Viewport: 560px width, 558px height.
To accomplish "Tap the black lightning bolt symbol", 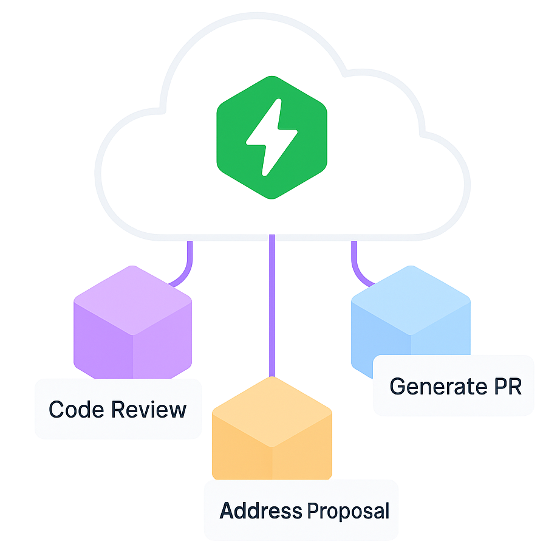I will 271,137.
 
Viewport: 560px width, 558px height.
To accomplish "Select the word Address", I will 261,511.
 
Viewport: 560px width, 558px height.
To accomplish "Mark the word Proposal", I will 347,511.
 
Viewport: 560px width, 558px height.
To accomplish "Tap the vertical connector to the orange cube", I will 271,304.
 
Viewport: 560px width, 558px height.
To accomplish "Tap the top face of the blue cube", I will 411,298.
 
